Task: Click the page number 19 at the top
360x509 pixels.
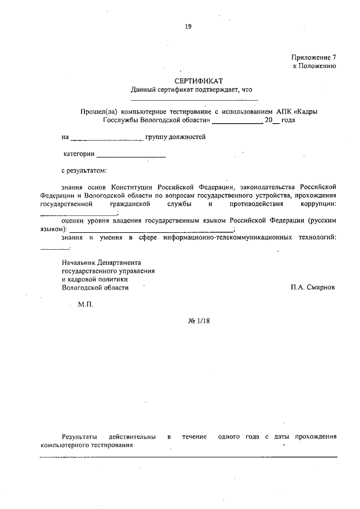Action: (x=188, y=26)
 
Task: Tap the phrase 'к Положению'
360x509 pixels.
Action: (x=315, y=66)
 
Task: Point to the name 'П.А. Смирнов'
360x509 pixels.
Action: (x=313, y=287)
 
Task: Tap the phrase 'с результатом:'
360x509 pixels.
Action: (x=84, y=170)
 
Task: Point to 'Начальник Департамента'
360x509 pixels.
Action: (x=102, y=263)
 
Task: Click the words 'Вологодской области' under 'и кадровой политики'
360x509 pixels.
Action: (x=95, y=287)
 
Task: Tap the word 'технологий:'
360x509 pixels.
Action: (x=317, y=238)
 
